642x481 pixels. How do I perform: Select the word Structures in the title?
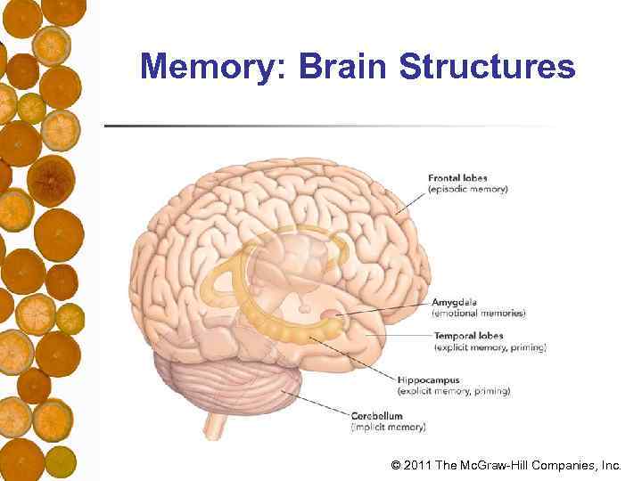tap(488, 66)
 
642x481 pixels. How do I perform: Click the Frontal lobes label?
tap(457, 178)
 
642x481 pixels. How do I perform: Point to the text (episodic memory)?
tap(468, 190)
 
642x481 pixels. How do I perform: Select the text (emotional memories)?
tap(479, 314)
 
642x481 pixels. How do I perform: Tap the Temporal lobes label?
tap(468, 336)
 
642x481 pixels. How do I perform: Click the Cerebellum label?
tap(376, 415)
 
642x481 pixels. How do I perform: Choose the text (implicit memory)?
tap(389, 427)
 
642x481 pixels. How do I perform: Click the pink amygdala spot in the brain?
tap(330, 314)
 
